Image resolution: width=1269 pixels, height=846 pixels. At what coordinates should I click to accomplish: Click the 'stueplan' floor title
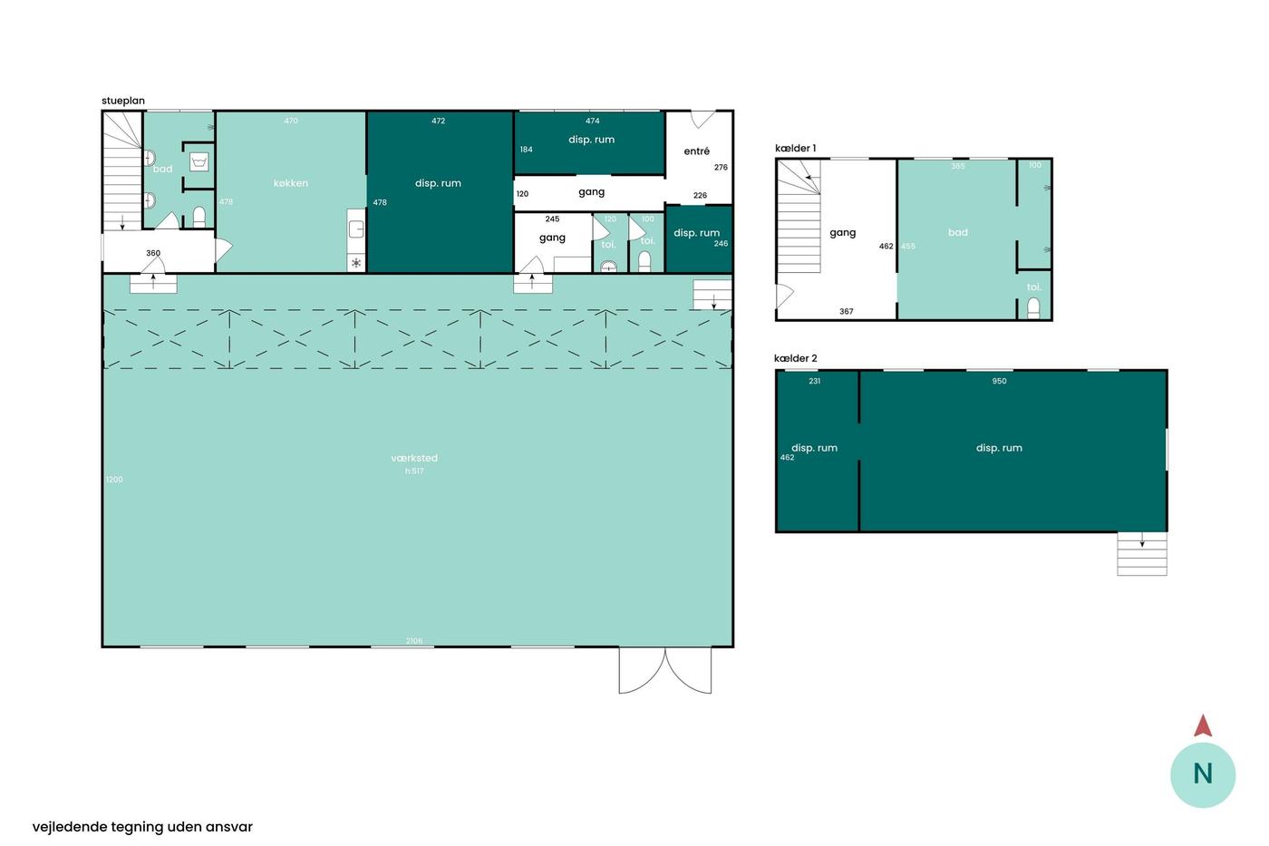pos(123,101)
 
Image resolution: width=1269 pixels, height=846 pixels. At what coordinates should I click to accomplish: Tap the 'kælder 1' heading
pos(796,149)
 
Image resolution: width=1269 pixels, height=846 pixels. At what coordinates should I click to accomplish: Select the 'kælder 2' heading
pos(796,359)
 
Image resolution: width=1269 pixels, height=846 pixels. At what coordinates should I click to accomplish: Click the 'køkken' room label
pos(291,183)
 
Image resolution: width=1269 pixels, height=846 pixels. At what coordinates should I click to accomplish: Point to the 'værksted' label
pos(414,458)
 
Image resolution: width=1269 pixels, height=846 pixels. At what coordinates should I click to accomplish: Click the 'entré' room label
pos(696,151)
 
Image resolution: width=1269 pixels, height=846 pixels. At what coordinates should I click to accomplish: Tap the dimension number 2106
pos(414,641)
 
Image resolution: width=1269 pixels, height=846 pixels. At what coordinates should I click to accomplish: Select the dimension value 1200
pos(114,480)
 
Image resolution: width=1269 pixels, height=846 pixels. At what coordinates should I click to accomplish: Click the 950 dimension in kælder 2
pos(999,382)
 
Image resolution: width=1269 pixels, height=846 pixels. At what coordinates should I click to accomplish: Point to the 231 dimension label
pos(815,382)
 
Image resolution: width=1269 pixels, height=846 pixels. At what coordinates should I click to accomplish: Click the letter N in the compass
pos(1203,774)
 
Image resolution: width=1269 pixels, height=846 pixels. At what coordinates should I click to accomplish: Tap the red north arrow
pos(1203,726)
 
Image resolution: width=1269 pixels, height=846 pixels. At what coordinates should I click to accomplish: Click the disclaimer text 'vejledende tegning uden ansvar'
pos(142,827)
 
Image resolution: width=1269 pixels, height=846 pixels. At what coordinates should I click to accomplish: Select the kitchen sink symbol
pos(355,229)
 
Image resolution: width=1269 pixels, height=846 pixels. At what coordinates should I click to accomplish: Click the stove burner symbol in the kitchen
pos(356,263)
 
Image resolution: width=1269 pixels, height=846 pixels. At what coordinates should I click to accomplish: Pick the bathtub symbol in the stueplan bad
pos(199,162)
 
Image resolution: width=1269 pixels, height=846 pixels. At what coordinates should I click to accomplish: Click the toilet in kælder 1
pos(1033,308)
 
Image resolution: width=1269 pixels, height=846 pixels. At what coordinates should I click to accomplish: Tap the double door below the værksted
pos(665,670)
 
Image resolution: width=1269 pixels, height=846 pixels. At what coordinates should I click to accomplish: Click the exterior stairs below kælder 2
pos(1142,554)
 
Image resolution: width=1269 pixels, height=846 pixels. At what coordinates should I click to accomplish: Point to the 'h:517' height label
pos(414,471)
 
